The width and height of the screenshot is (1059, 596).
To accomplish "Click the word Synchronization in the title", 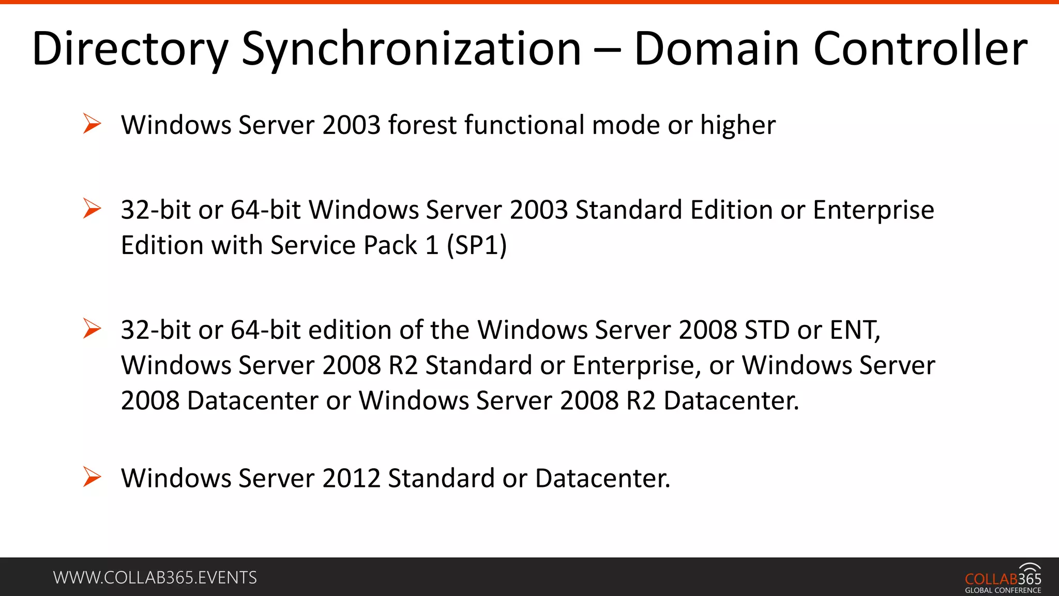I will [411, 49].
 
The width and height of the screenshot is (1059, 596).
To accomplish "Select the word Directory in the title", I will [130, 49].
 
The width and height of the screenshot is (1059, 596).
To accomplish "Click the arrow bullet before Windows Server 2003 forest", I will [92, 124].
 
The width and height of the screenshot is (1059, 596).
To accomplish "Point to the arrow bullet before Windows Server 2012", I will [92, 477].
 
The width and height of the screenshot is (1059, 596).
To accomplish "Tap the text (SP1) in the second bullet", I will [477, 245].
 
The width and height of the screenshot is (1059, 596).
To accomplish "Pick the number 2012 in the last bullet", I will [352, 478].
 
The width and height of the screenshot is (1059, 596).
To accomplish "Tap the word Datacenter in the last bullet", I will [602, 478].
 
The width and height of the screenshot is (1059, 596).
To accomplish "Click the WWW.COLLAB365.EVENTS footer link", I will [155, 577].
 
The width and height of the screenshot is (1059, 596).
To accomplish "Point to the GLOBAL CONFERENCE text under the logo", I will [1003, 590].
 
